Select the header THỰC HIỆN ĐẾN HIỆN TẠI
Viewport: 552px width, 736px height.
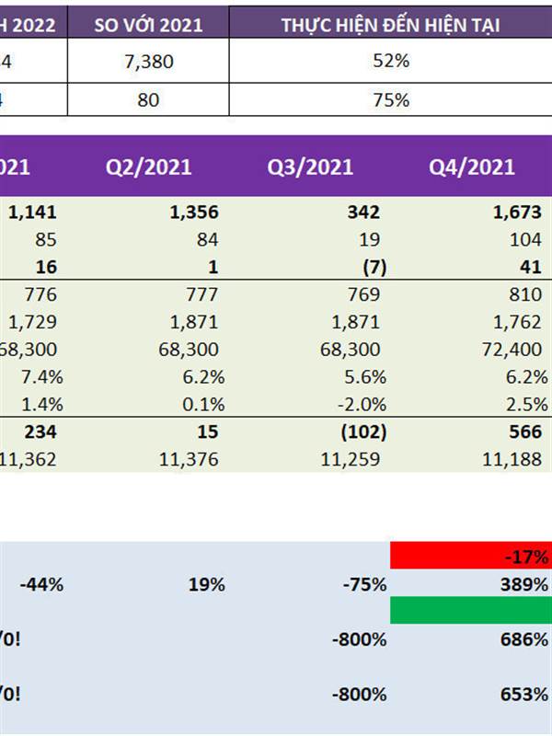click(390, 25)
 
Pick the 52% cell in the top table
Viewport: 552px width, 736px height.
click(390, 62)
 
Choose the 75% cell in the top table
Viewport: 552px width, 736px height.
click(390, 99)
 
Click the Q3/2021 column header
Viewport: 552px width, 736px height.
click(310, 167)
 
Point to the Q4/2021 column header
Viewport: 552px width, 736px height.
click(472, 167)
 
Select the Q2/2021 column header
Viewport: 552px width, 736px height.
click(148, 167)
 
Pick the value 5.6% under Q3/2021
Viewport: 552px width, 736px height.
click(363, 378)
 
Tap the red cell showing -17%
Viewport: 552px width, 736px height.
click(470, 556)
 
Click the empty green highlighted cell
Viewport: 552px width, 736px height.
click(470, 610)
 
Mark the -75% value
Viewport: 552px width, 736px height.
click(363, 584)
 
